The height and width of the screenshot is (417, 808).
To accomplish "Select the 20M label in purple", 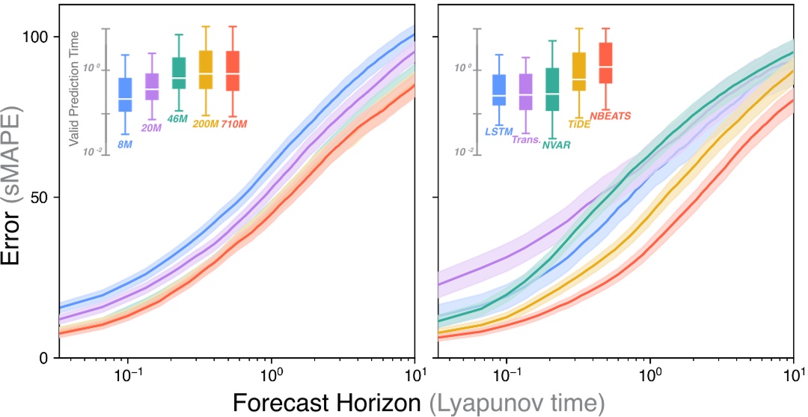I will coord(152,128).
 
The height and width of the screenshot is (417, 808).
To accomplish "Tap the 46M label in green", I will coord(178,118).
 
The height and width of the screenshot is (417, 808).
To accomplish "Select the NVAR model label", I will coord(555,145).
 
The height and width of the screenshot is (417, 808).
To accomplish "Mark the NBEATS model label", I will coord(610,115).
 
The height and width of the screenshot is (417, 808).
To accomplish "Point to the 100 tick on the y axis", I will coord(34,37).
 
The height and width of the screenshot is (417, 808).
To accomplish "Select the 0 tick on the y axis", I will coord(43,358).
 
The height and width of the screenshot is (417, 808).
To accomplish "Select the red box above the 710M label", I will coord(233,71).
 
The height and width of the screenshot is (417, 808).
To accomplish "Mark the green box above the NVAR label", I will coord(553,89).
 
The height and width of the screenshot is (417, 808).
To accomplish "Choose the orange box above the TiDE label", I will coord(579,72).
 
